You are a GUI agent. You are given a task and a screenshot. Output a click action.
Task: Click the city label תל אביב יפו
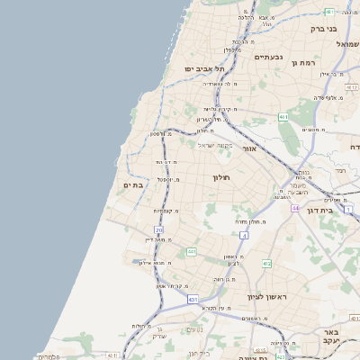(204, 68)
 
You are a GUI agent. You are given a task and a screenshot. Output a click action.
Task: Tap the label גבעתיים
(268, 58)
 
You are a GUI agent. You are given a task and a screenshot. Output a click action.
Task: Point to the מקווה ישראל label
(216, 146)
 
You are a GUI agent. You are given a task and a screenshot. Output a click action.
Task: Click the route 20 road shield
(159, 230)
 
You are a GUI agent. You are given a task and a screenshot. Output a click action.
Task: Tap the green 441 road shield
(192, 252)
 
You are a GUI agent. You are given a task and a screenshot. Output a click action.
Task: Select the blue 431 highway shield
(192, 299)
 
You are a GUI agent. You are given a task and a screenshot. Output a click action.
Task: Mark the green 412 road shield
(266, 264)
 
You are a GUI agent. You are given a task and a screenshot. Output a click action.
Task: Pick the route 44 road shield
(295, 208)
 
